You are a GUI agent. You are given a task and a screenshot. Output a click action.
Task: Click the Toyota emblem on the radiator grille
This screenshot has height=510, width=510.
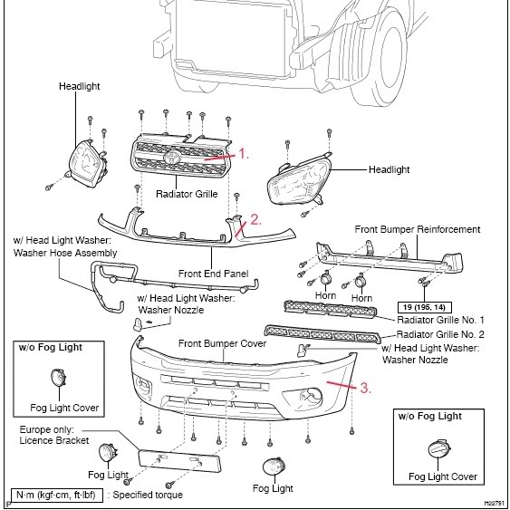(x=173, y=157)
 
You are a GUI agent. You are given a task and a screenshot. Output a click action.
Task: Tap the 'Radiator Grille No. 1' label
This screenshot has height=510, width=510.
(x=441, y=320)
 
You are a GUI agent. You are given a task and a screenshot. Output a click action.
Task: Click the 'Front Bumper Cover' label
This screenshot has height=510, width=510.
(x=222, y=344)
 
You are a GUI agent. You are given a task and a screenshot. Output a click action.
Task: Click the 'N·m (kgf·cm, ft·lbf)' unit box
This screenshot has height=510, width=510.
(x=55, y=495)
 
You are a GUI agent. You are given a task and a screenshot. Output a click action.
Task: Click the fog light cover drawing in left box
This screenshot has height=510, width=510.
(x=60, y=380)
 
